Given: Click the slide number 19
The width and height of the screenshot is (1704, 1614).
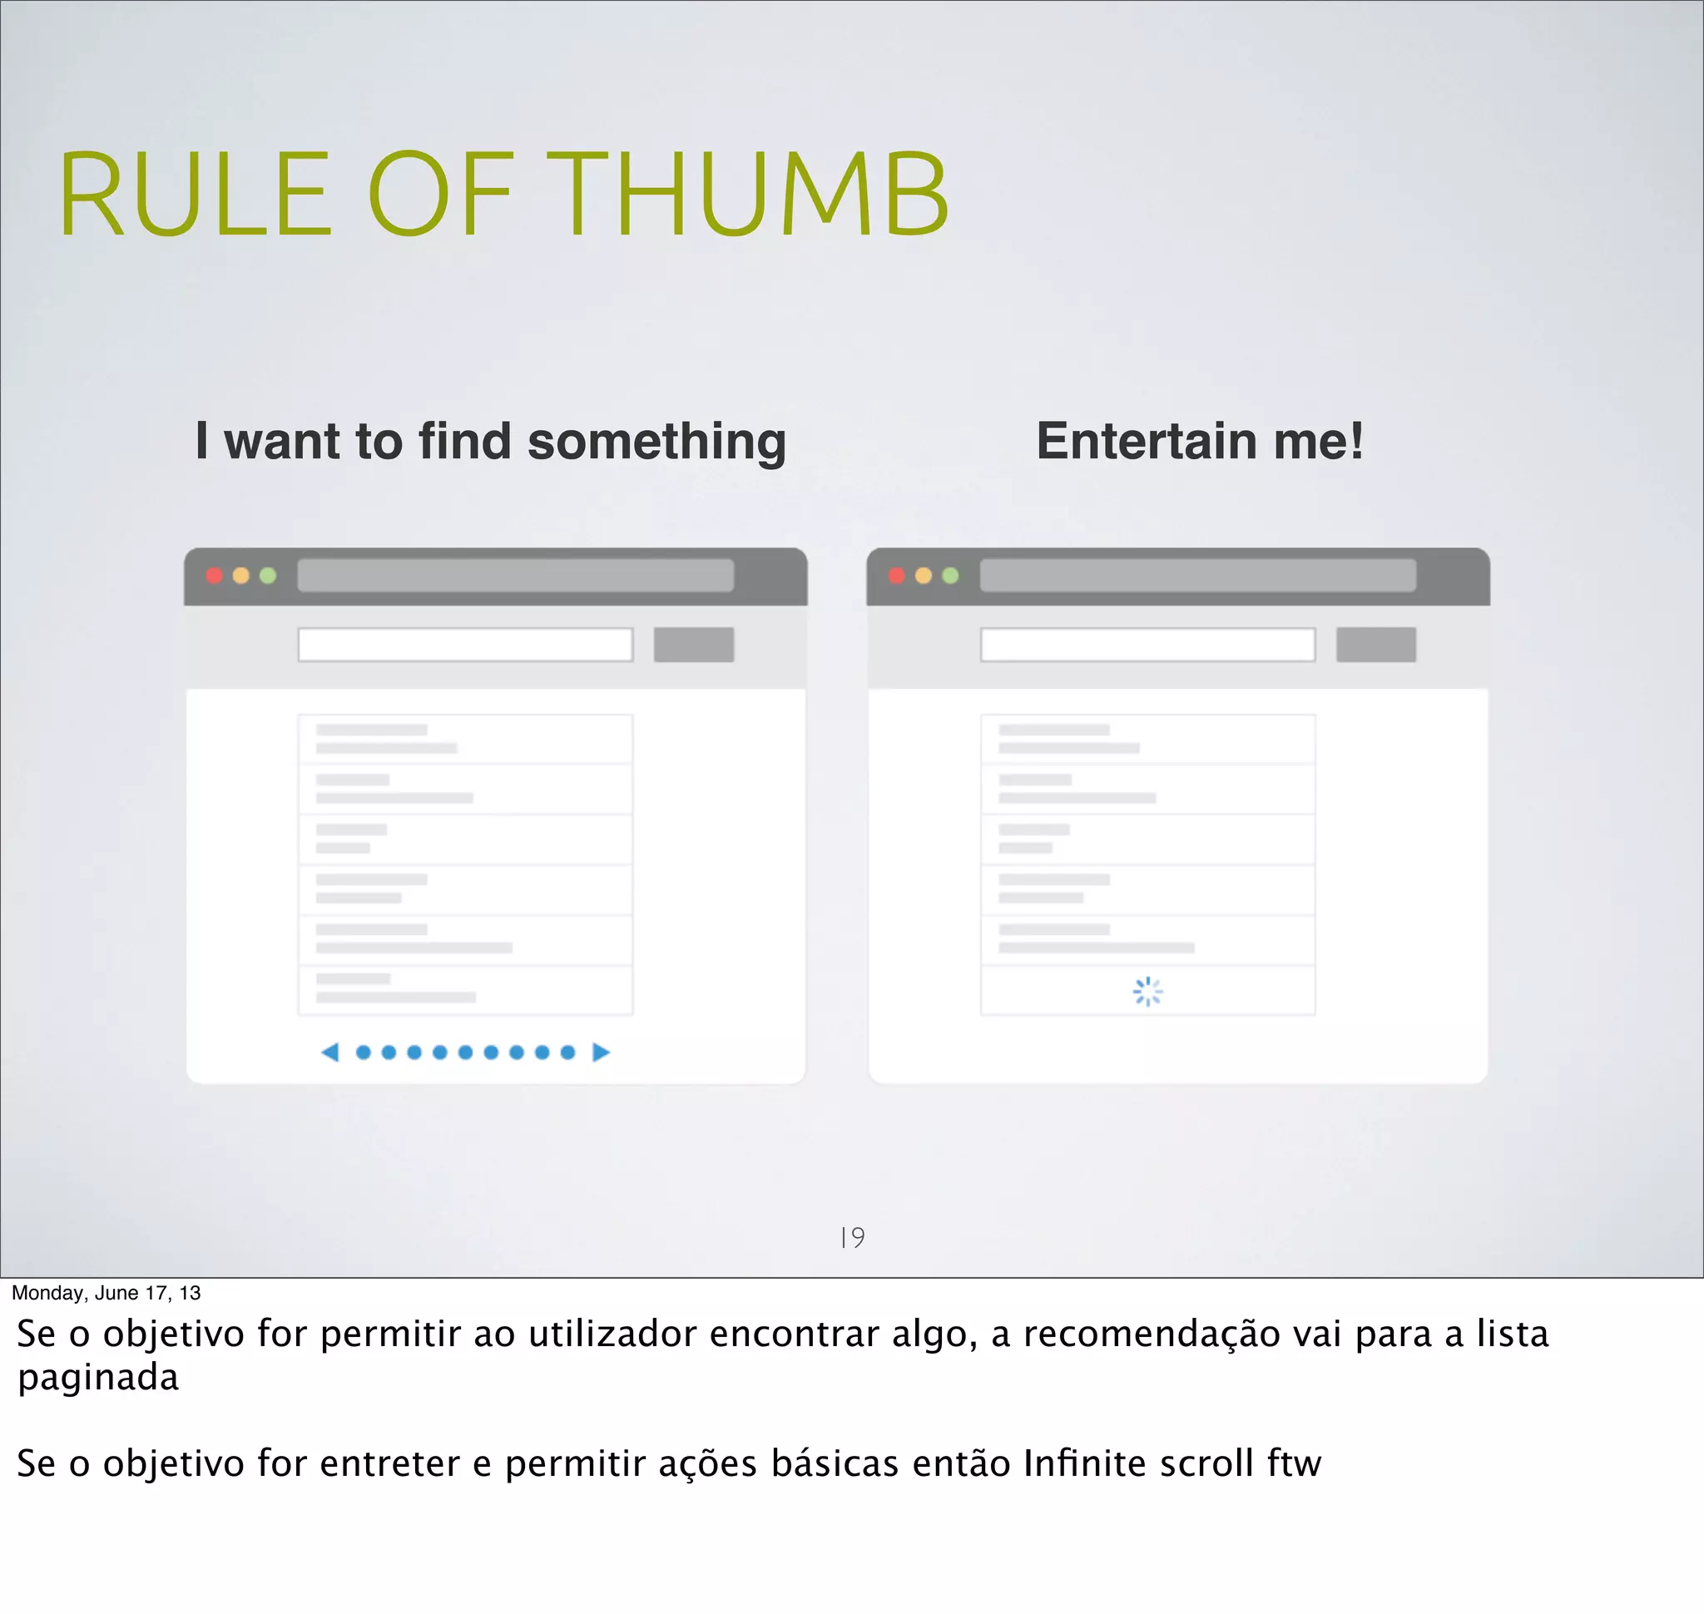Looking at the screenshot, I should (x=852, y=1237).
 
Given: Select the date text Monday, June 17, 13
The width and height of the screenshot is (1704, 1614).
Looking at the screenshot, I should (x=106, y=1292).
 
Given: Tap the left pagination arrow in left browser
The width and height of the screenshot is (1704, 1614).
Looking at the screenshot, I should (x=329, y=1052).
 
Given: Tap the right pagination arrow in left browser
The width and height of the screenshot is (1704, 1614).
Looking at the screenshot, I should (x=601, y=1052).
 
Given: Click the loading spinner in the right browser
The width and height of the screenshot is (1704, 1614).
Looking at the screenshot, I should (x=1147, y=991).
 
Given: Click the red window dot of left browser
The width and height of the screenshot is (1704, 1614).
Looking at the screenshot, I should (x=215, y=576).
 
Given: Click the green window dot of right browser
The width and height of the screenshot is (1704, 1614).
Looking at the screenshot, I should (x=950, y=576).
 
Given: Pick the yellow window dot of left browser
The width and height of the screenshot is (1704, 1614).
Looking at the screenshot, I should (x=241, y=576).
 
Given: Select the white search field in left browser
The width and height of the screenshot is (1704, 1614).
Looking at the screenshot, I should (x=465, y=645).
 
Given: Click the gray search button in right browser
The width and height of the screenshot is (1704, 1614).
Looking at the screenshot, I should (x=1375, y=645).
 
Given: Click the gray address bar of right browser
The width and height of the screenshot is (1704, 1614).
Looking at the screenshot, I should (x=1197, y=576).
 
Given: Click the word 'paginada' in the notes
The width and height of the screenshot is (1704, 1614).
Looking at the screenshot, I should (x=98, y=1379).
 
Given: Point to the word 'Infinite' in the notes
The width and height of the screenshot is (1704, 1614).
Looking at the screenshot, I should (x=1082, y=1463).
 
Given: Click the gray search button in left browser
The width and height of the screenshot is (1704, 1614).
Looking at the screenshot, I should (x=694, y=645).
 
